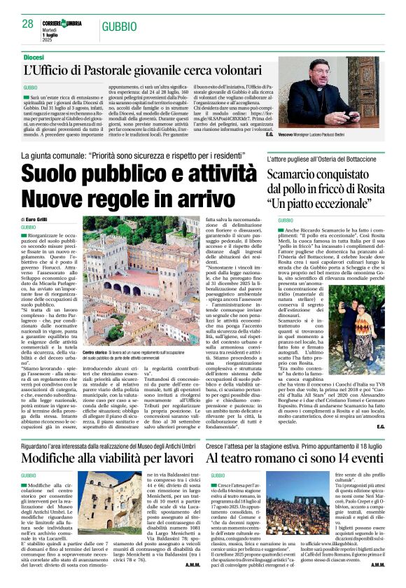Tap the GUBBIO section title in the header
[119, 26]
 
